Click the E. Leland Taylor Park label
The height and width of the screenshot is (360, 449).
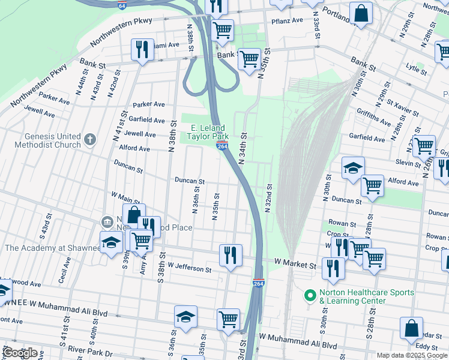tap(208, 133)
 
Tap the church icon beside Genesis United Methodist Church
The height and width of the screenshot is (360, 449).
tap(90, 140)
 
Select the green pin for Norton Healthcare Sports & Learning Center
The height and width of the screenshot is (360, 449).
tap(310, 296)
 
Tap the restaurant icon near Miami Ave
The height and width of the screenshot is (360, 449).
tap(142, 49)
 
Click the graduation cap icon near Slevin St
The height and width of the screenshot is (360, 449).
tap(354, 168)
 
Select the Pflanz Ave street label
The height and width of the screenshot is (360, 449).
tap(288, 21)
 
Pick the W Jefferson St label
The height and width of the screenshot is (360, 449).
tap(190, 268)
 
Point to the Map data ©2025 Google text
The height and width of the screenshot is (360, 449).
tap(411, 355)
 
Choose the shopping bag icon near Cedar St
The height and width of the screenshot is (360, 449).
tap(411, 328)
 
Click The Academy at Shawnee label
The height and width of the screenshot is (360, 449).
tap(52, 248)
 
